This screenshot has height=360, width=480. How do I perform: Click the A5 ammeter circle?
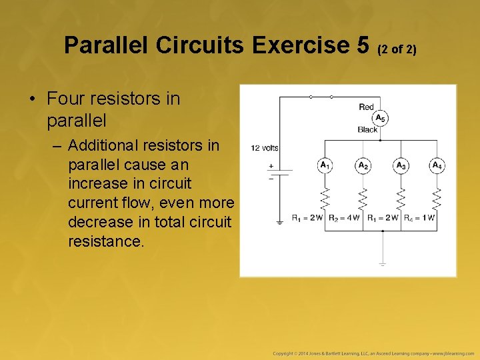click(x=380, y=119)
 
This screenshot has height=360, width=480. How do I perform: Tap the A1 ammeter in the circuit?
click(x=325, y=165)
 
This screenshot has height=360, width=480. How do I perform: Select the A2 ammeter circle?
click(x=363, y=165)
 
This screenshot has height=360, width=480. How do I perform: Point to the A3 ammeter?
click(x=401, y=165)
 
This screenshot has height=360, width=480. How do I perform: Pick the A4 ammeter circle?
click(x=437, y=165)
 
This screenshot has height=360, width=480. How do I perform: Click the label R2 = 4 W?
click(x=345, y=218)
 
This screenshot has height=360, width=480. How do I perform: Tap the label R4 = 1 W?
click(x=421, y=218)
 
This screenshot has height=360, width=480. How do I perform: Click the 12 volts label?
click(x=265, y=147)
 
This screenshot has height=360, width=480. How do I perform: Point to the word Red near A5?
click(x=366, y=107)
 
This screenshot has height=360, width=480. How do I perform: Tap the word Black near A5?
click(x=367, y=130)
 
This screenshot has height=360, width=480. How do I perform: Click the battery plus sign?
click(x=271, y=165)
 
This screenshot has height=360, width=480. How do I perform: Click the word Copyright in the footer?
click(x=286, y=352)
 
